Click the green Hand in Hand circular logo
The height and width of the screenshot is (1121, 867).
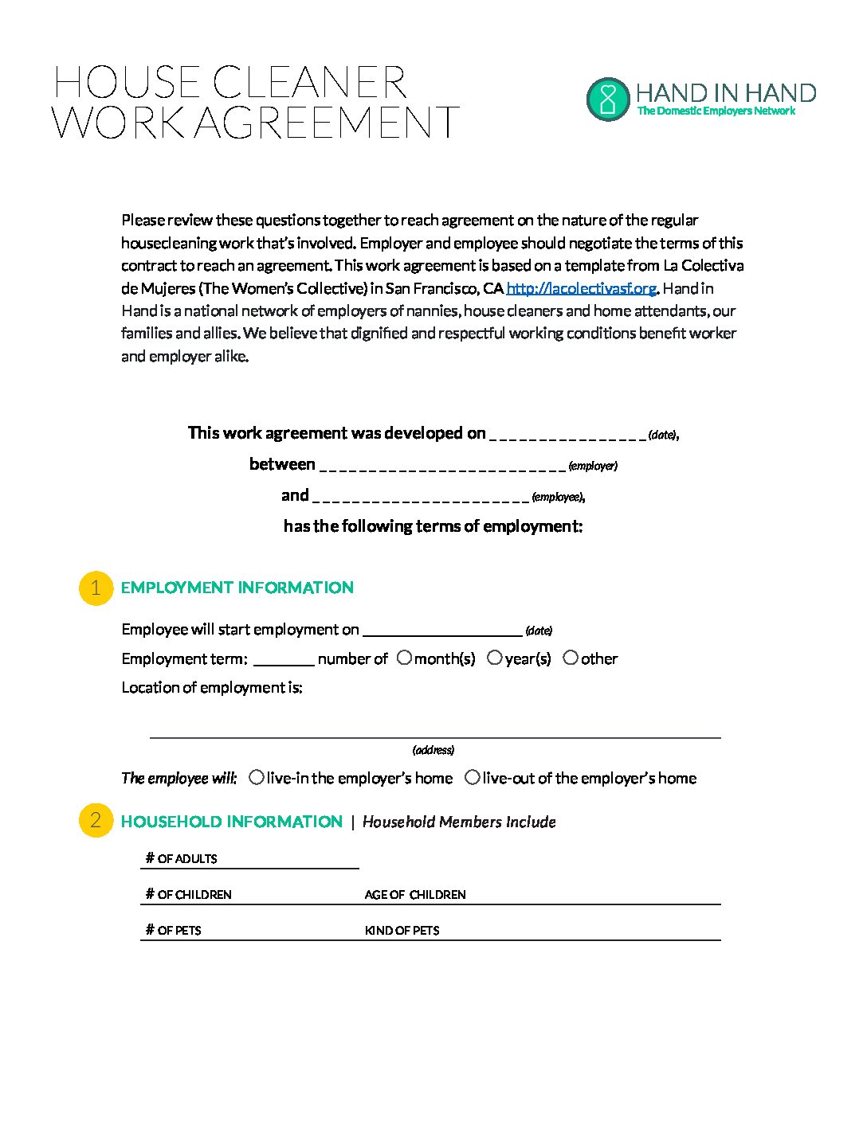608,99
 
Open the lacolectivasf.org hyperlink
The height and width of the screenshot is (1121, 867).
581,288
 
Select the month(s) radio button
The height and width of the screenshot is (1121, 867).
405,658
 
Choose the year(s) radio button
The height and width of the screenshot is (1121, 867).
495,658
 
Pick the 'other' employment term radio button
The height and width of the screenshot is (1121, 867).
571,658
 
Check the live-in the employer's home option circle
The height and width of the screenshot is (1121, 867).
257,777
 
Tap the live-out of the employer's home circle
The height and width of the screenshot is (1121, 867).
473,777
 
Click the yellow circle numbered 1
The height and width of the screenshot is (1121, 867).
96,588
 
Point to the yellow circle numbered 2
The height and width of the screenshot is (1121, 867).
96,821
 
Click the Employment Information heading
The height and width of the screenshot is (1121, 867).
237,588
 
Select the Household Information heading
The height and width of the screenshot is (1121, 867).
231,822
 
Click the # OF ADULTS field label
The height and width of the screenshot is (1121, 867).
182,858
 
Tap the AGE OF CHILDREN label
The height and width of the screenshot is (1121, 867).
415,895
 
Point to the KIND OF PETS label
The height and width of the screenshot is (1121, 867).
402,931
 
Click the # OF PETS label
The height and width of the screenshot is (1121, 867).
174,931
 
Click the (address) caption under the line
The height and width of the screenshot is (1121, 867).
433,750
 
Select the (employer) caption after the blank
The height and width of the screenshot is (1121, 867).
593,466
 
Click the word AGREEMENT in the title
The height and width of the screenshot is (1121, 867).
328,123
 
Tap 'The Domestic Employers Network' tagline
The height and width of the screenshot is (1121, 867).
716,111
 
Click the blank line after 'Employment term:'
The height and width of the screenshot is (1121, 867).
284,660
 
